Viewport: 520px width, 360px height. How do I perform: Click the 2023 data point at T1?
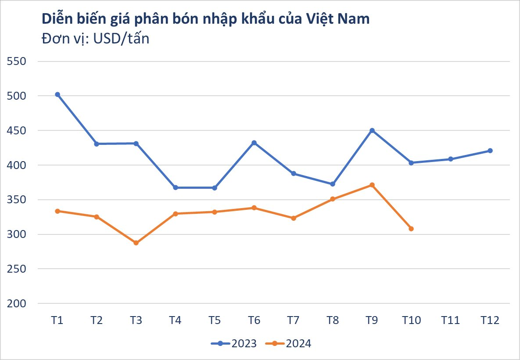click(x=57, y=94)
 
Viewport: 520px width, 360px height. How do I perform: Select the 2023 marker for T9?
click(x=372, y=130)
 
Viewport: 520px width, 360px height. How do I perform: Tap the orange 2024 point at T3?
click(x=136, y=243)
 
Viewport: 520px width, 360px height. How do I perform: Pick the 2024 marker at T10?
click(x=411, y=229)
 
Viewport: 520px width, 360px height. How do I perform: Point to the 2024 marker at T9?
click(x=372, y=185)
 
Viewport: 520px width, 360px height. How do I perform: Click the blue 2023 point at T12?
click(x=490, y=151)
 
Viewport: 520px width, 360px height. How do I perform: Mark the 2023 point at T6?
click(x=254, y=143)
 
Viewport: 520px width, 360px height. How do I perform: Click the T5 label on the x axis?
click(x=215, y=320)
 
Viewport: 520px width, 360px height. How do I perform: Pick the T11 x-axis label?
click(x=451, y=320)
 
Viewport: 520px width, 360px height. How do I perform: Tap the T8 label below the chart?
click(x=333, y=320)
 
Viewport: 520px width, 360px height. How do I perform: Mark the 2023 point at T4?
click(x=176, y=187)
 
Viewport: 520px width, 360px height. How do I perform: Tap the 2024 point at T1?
click(x=57, y=211)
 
